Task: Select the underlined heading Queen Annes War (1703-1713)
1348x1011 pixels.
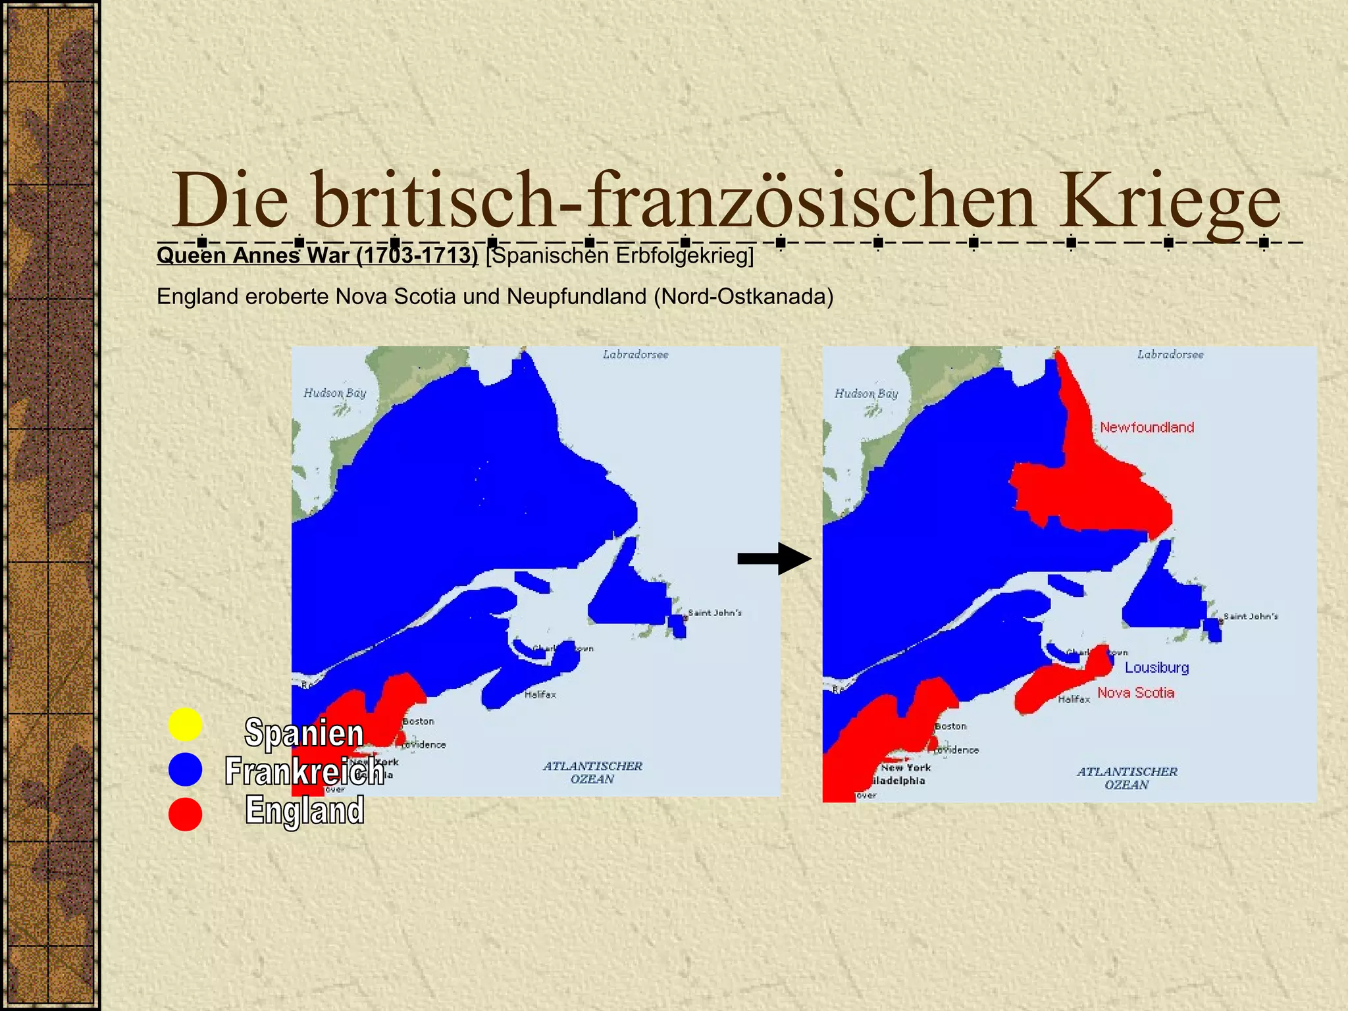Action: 317,255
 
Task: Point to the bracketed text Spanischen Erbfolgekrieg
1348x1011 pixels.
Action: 619,255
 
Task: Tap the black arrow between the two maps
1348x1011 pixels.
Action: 774,559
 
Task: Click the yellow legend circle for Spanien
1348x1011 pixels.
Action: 185,725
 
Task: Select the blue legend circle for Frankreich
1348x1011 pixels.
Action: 185,769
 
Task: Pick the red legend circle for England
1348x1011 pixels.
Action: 185,814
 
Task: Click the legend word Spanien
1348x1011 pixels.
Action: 304,733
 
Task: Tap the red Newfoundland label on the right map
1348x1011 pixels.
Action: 1147,427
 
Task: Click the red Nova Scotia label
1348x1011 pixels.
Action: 1135,692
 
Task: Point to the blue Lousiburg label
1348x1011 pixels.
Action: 1156,667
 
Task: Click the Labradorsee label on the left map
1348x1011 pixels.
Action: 635,355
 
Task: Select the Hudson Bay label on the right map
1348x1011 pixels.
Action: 866,394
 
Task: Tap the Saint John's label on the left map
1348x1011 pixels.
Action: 715,613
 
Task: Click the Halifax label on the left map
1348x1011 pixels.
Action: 540,694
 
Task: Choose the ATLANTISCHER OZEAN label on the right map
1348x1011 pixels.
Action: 1127,778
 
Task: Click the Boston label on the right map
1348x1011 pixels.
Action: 950,726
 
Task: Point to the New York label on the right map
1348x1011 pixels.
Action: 906,767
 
